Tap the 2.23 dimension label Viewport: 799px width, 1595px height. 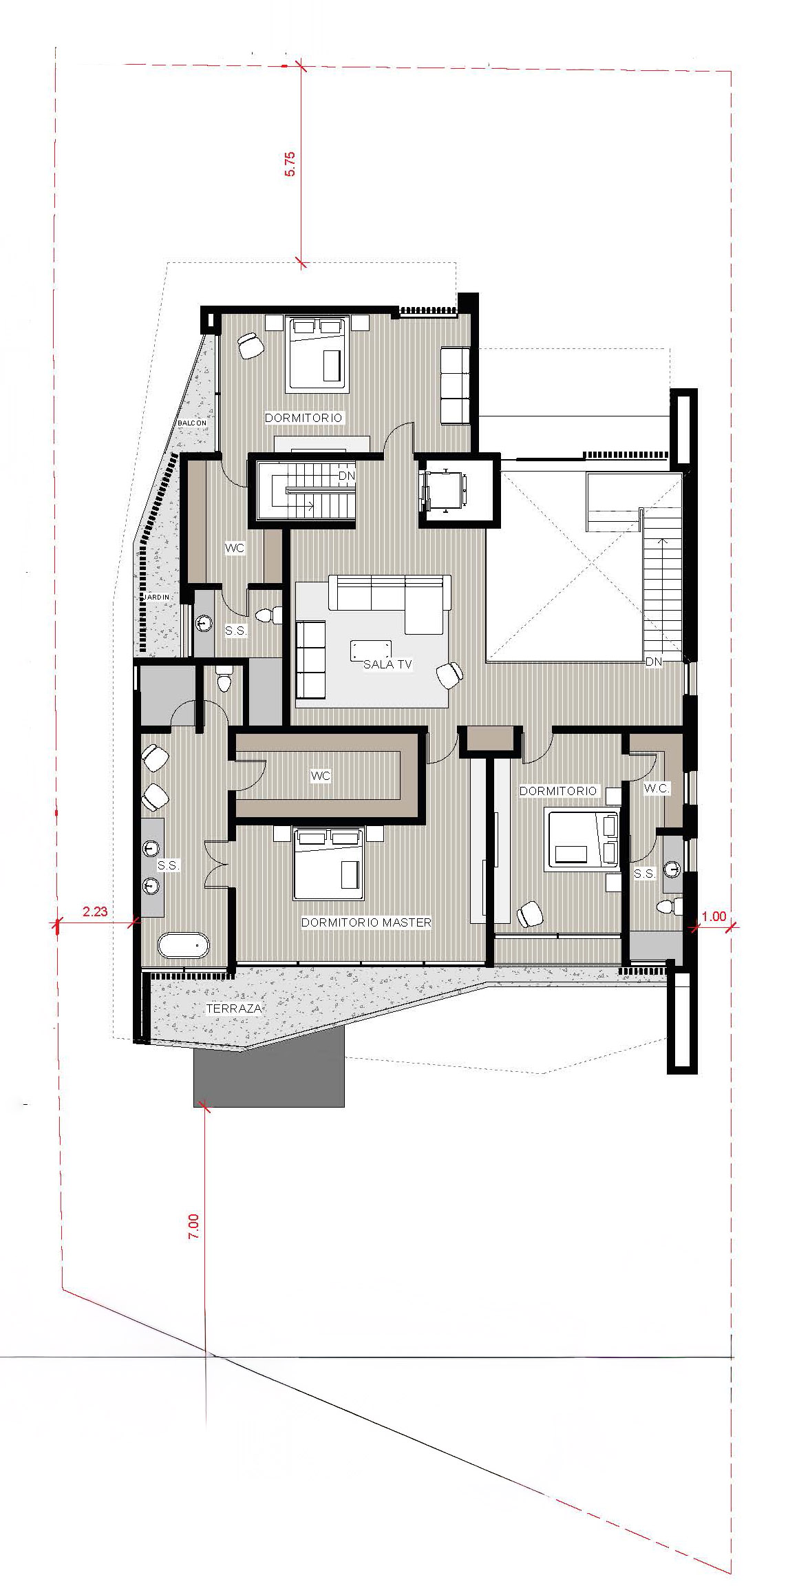(95, 912)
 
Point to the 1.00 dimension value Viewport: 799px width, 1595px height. (714, 916)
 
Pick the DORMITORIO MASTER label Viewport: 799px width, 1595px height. (366, 922)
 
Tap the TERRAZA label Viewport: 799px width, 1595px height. (234, 1008)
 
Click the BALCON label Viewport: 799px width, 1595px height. (191, 423)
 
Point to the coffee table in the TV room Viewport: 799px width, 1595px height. (371, 650)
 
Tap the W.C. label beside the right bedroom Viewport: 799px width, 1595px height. (657, 789)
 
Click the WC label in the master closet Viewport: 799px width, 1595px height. (321, 776)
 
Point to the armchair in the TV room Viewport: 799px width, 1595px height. (449, 675)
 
